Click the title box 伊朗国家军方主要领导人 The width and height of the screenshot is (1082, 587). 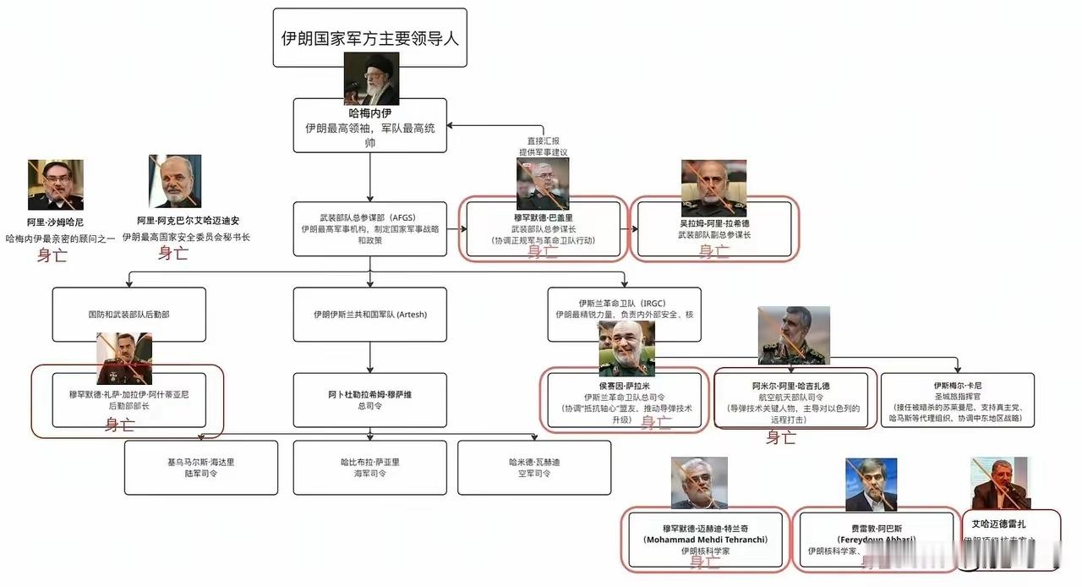pos(370,38)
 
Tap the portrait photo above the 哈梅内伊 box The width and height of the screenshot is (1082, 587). pos(371,78)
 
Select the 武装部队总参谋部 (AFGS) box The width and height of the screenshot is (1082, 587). pos(369,228)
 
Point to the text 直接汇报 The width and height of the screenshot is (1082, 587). pos(544,141)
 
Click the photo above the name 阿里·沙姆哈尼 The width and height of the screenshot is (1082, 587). pos(56,184)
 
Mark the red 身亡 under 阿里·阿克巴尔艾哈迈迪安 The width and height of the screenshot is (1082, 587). pos(174,253)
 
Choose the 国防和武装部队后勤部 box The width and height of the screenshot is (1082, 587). pos(128,315)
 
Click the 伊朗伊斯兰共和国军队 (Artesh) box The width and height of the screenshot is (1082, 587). pos(369,315)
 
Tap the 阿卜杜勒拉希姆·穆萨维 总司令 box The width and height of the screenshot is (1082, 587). pos(369,400)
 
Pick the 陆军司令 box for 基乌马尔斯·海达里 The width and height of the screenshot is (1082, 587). pos(201,467)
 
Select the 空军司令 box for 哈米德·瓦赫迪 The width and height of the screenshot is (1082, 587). pos(534,467)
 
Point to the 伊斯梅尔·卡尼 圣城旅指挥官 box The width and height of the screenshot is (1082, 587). pos(958,400)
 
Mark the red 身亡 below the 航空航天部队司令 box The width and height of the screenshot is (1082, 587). pos(781,437)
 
